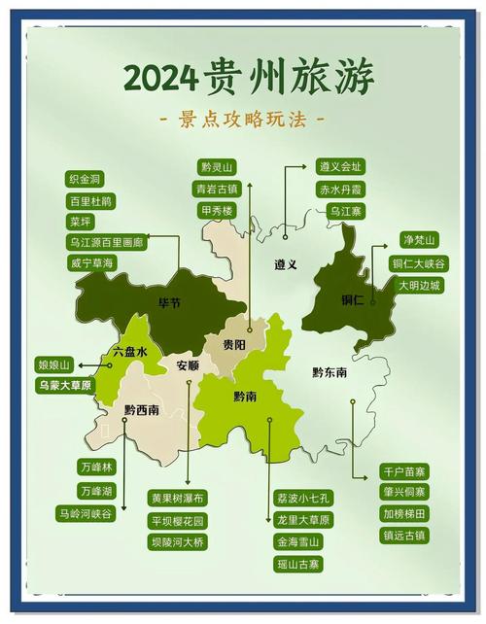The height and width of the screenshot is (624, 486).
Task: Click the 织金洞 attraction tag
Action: [86, 180]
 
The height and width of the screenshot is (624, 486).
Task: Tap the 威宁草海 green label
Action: [91, 263]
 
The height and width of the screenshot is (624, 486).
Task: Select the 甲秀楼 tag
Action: [217, 210]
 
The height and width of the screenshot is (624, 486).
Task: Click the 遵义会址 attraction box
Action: [339, 167]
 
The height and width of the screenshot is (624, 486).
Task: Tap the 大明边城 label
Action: [418, 286]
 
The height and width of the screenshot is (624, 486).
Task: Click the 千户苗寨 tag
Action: [405, 471]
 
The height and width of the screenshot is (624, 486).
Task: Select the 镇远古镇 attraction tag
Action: [405, 536]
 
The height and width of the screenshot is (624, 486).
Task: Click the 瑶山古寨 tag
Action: [297, 564]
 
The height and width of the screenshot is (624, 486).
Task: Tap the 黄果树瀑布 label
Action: [178, 499]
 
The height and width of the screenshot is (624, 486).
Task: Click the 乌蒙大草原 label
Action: [65, 386]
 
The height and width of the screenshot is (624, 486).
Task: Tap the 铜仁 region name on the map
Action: [352, 300]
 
